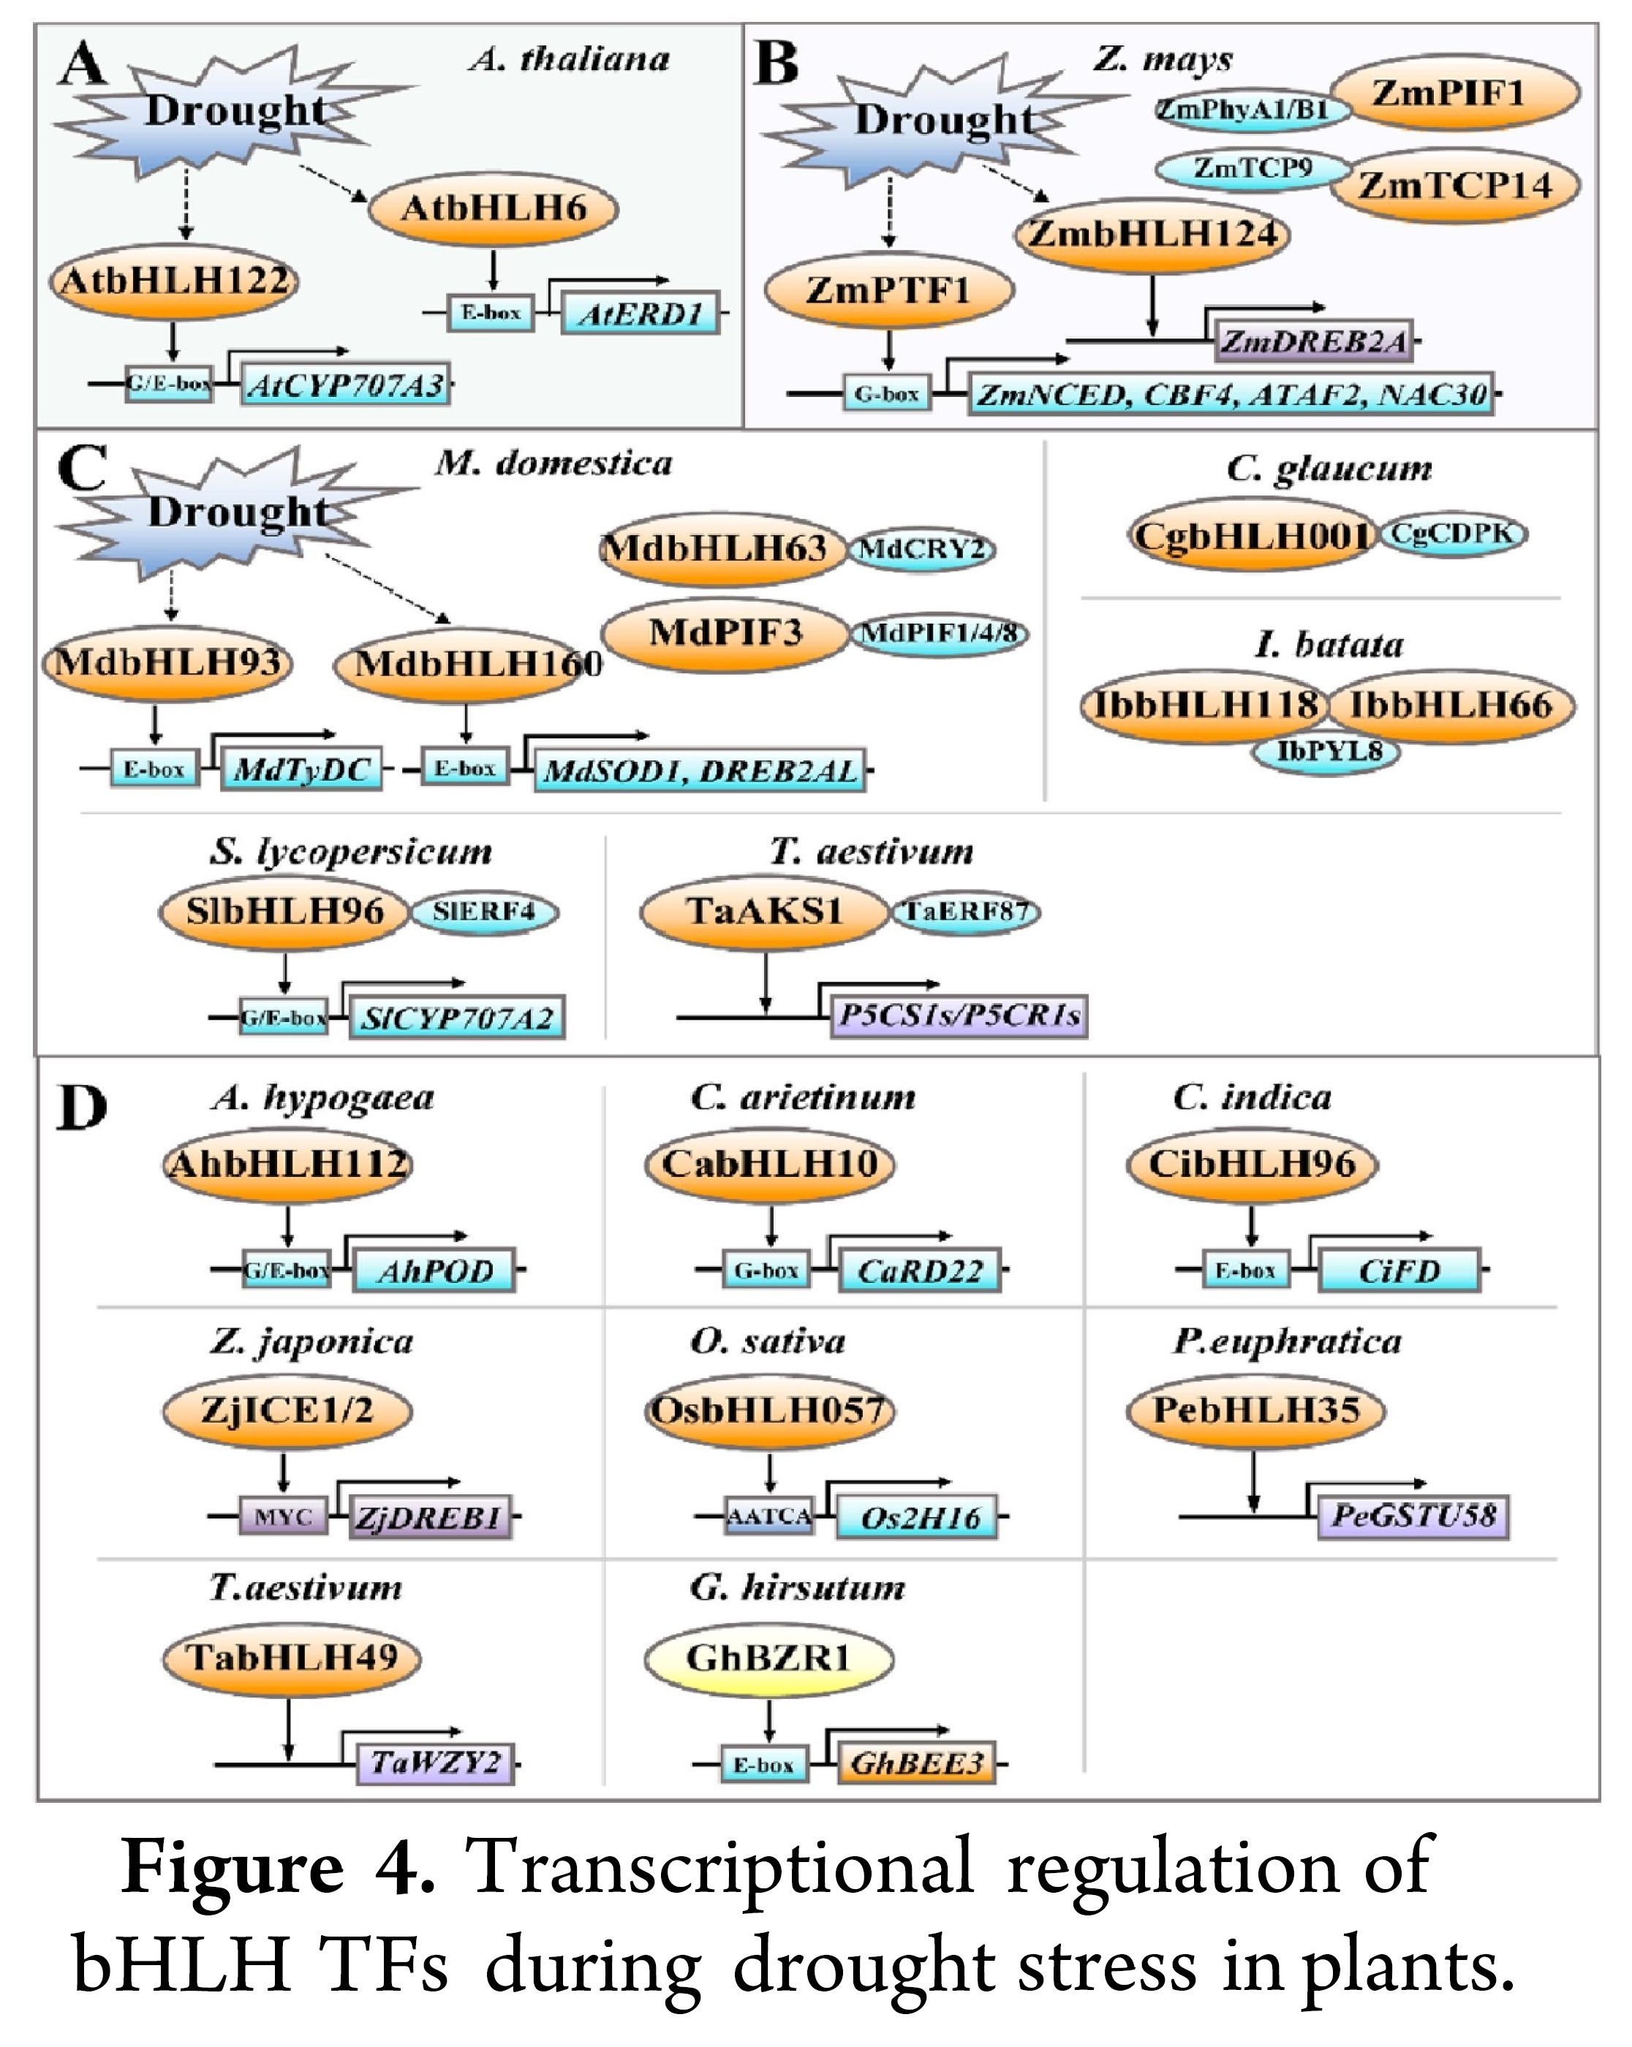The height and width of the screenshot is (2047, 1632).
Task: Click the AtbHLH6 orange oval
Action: point(493,208)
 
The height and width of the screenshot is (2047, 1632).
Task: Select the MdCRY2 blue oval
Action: point(921,549)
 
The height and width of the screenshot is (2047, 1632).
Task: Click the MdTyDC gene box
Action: point(301,769)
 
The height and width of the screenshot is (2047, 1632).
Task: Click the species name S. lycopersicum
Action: point(351,852)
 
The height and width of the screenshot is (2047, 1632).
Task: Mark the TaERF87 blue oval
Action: point(966,912)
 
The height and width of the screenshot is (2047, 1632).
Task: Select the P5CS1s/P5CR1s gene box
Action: point(959,1016)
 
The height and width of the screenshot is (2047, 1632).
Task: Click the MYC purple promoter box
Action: point(283,1517)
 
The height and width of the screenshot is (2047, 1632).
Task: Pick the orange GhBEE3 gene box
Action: point(916,1763)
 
